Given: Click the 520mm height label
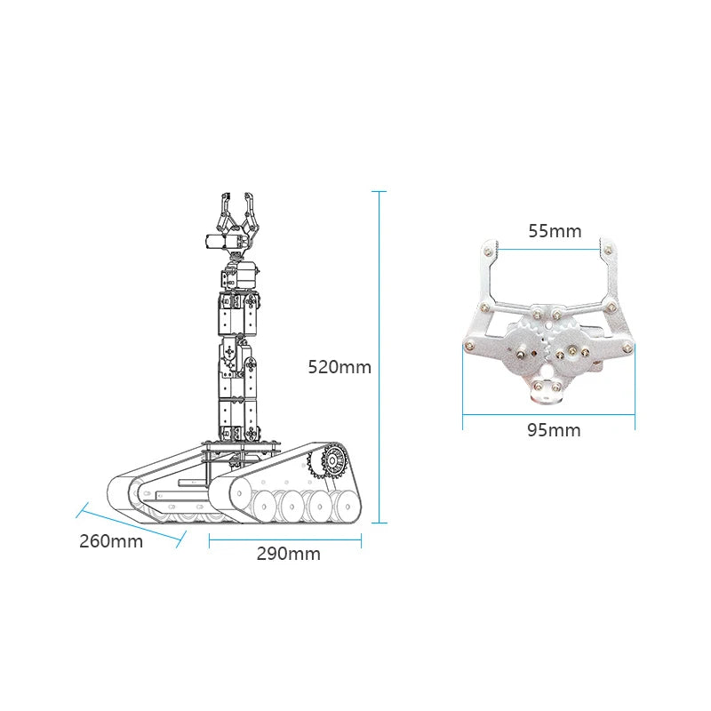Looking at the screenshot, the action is tap(340, 367).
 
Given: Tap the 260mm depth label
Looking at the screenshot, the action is tap(111, 541).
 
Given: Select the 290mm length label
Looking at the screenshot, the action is tap(288, 554).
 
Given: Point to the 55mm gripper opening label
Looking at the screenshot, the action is tap(555, 231).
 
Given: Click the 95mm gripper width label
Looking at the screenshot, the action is tap(554, 430).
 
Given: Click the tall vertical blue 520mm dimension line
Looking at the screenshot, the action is tap(379, 357).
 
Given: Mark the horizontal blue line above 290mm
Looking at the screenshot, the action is tap(285, 540).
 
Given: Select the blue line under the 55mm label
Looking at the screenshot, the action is tap(549, 249).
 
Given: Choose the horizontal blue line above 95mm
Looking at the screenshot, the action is tap(548, 414).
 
